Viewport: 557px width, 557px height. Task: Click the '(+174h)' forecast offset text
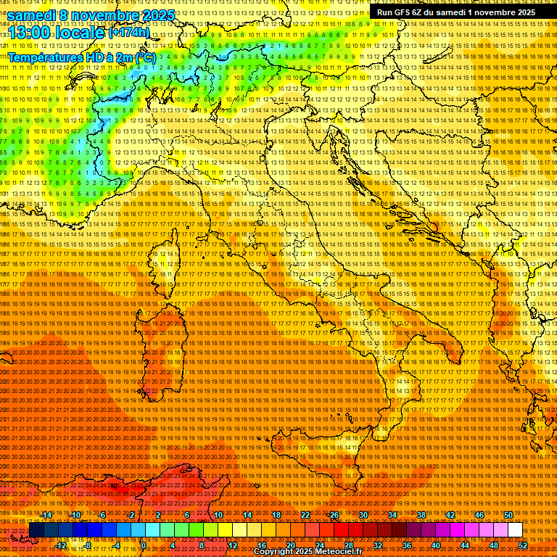[x=129, y=33]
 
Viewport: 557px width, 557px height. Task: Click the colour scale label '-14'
[x=46, y=515]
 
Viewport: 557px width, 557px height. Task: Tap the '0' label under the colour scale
[x=144, y=545]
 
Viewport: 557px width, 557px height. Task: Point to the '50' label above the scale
[x=508, y=515]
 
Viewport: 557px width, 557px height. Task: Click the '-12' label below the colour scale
[x=62, y=545]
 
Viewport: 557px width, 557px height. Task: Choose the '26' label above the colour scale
[x=334, y=515]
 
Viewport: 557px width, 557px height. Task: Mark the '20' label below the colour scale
[x=290, y=545]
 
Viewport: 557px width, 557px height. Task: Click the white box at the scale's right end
[x=515, y=530]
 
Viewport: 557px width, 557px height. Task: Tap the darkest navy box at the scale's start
[x=36, y=530]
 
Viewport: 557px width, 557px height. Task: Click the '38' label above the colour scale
[x=421, y=515]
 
